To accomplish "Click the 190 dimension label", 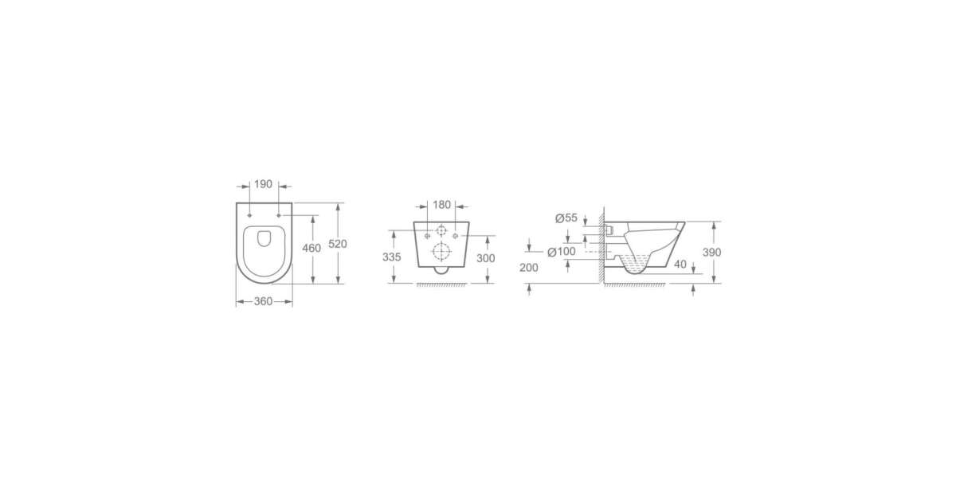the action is (263, 184).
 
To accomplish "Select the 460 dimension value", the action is (311, 248).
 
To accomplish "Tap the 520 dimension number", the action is (338, 244).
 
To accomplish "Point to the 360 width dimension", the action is (263, 301).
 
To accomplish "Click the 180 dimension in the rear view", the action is (441, 205).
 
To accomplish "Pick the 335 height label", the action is (392, 257).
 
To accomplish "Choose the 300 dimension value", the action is (486, 258).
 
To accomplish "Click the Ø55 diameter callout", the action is (566, 218).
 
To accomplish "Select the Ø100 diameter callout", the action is (562, 252).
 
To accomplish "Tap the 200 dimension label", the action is (529, 268).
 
